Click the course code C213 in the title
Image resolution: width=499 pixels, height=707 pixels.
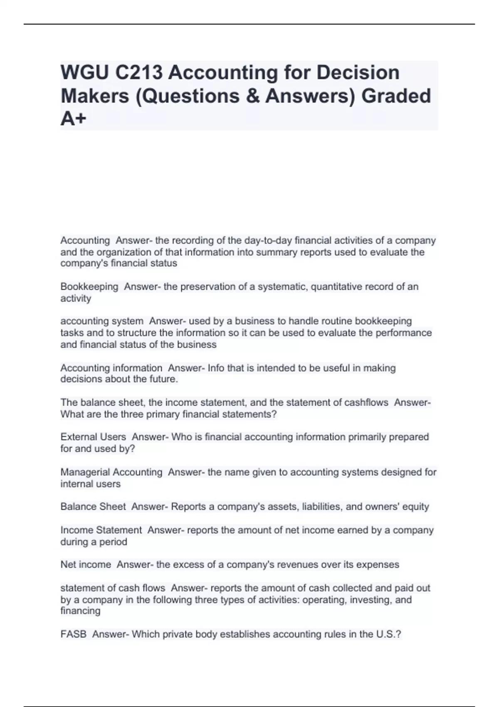[138, 72]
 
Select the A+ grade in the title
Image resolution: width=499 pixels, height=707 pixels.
[74, 119]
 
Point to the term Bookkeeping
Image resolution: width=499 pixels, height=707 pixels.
[89, 287]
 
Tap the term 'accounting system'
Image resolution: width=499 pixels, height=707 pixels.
[102, 321]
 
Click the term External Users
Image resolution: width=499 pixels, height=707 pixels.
[93, 437]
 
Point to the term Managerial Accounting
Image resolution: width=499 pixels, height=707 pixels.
[111, 472]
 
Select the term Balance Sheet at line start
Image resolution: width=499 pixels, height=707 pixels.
[93, 507]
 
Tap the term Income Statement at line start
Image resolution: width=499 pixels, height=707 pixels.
[101, 530]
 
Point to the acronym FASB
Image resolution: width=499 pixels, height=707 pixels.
[74, 634]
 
